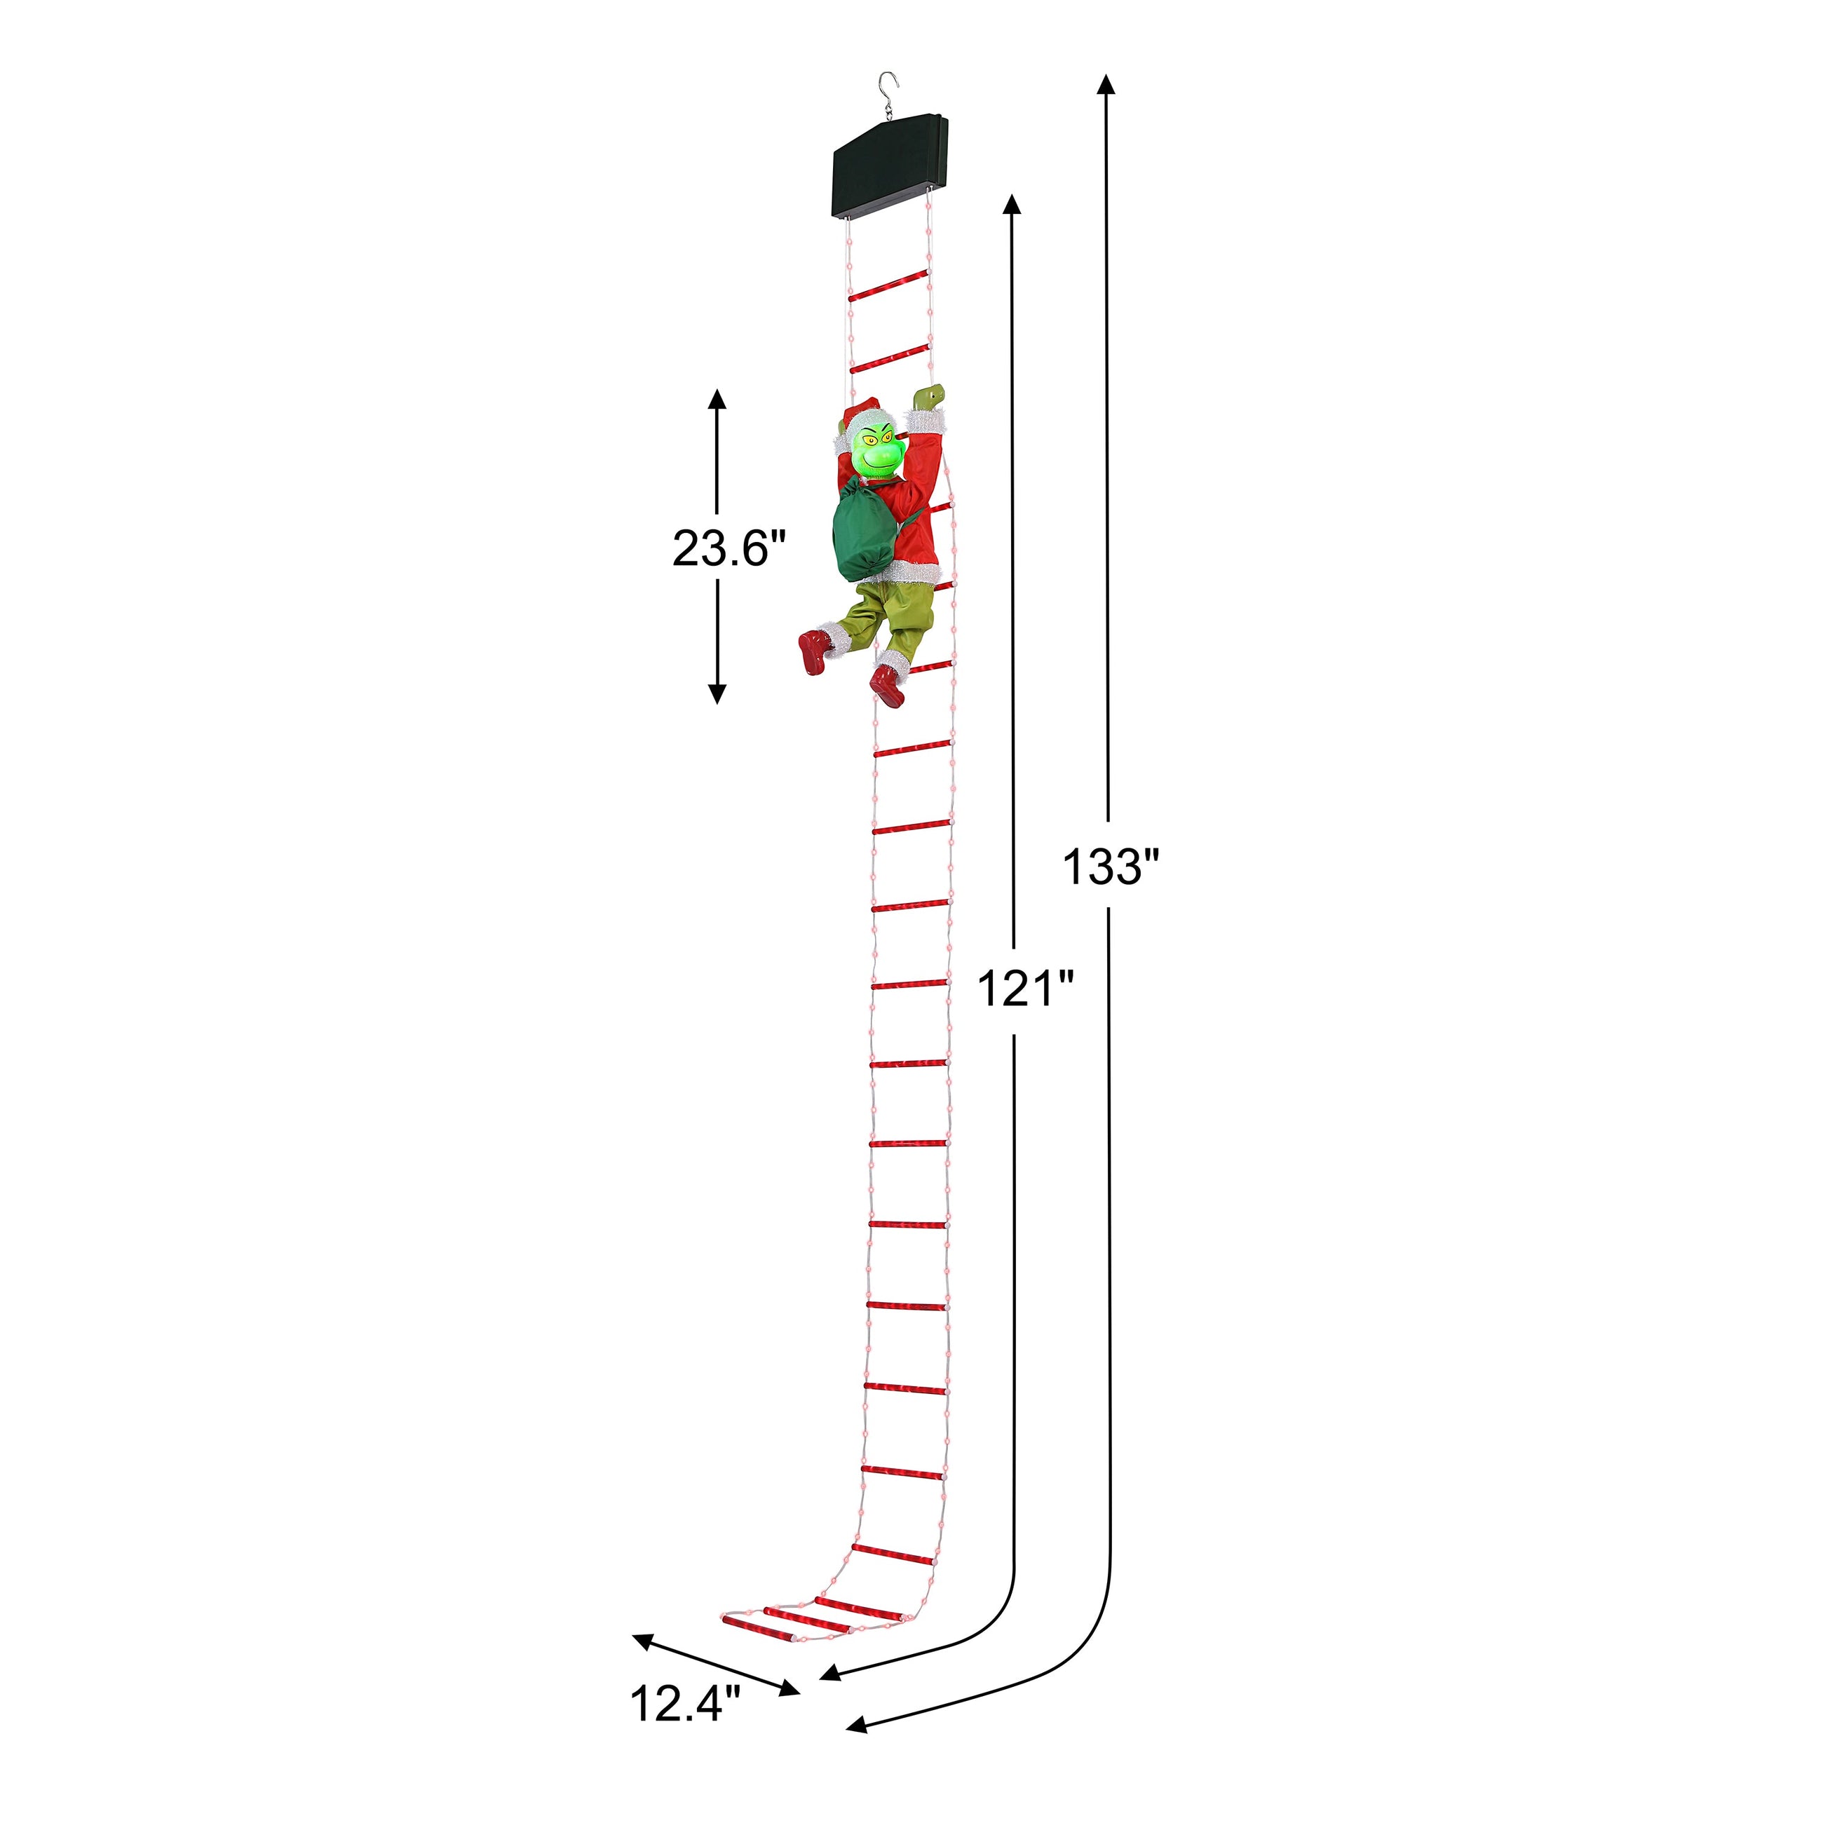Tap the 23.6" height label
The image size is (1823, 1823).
pyautogui.click(x=728, y=548)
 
